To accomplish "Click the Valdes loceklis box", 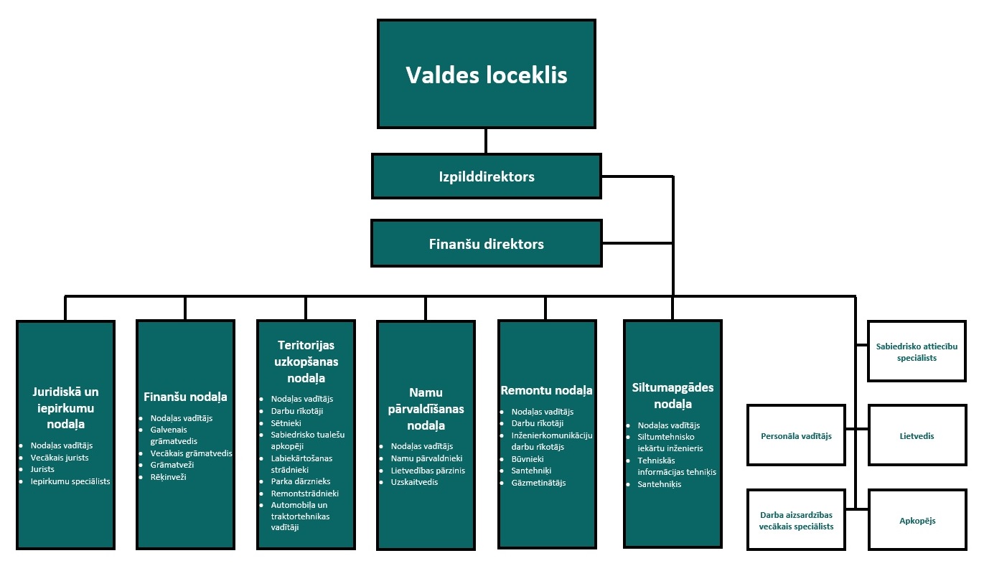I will pos(486,75).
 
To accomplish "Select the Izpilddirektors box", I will pos(486,176).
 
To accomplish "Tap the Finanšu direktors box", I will pos(486,244).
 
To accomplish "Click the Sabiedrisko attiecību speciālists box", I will pos(917,352).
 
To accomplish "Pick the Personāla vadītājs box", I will pos(796,435).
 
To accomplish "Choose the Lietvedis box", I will pos(917,435).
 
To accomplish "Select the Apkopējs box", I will pos(917,520).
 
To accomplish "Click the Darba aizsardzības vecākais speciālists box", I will pos(796,520).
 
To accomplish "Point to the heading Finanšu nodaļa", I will pos(185,397).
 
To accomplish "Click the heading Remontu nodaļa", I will pos(546,390).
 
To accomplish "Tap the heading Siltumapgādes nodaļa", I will pos(673,395).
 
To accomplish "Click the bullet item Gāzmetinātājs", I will pos(538,483).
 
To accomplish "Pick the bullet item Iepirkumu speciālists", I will pos(70,481).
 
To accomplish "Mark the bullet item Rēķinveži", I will pos(168,476).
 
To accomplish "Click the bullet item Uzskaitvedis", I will pos(414,482).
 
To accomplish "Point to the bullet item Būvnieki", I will pos(528,458).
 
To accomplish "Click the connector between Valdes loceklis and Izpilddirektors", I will pos(486,141).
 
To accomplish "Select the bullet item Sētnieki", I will pos(286,423).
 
